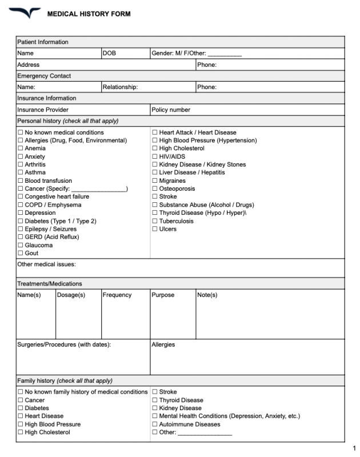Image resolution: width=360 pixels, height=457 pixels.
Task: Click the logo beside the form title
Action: (x=25, y=13)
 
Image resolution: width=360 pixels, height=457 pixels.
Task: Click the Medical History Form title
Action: (x=89, y=14)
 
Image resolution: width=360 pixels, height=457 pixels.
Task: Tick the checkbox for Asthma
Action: (x=21, y=173)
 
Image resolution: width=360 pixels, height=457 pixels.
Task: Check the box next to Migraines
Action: (x=155, y=181)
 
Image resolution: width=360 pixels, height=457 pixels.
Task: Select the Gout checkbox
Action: (x=21, y=253)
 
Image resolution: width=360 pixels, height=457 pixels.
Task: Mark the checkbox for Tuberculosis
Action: (x=155, y=221)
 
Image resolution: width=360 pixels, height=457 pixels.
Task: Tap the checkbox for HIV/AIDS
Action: (x=155, y=157)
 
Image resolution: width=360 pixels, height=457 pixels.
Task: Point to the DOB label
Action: (x=109, y=53)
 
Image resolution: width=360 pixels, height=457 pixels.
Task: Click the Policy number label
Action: (x=171, y=110)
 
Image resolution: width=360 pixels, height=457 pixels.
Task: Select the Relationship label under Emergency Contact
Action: (x=120, y=87)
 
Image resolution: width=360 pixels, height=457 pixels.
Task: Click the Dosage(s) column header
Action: (x=71, y=295)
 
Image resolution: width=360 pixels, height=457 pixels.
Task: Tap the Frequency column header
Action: (x=117, y=295)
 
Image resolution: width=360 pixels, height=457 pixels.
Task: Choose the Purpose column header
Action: (x=163, y=295)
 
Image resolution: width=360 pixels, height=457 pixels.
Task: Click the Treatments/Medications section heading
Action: (x=50, y=284)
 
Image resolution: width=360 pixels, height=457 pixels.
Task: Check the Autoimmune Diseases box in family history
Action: (x=155, y=424)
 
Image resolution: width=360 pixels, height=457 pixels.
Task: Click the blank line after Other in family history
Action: (x=205, y=433)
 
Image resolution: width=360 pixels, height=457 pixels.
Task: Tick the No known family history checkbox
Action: (x=21, y=392)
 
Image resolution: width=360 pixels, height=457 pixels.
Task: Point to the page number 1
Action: (x=354, y=448)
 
